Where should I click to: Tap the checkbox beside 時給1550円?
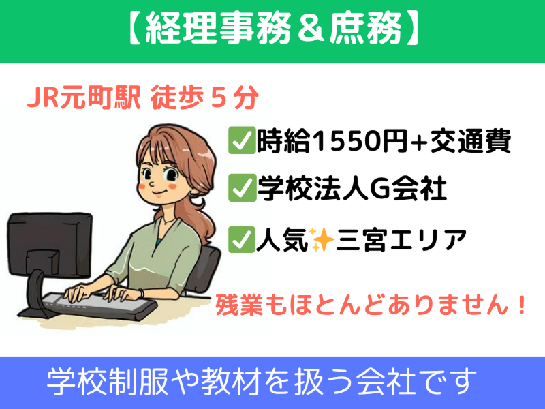(242, 140)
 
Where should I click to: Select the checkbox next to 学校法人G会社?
(242, 188)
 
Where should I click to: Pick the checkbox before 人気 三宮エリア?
(242, 239)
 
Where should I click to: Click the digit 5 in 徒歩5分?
(218, 98)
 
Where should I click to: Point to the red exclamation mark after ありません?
(522, 304)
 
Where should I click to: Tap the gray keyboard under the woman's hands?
(101, 304)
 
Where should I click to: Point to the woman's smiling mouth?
(159, 192)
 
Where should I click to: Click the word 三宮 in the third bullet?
(362, 240)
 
